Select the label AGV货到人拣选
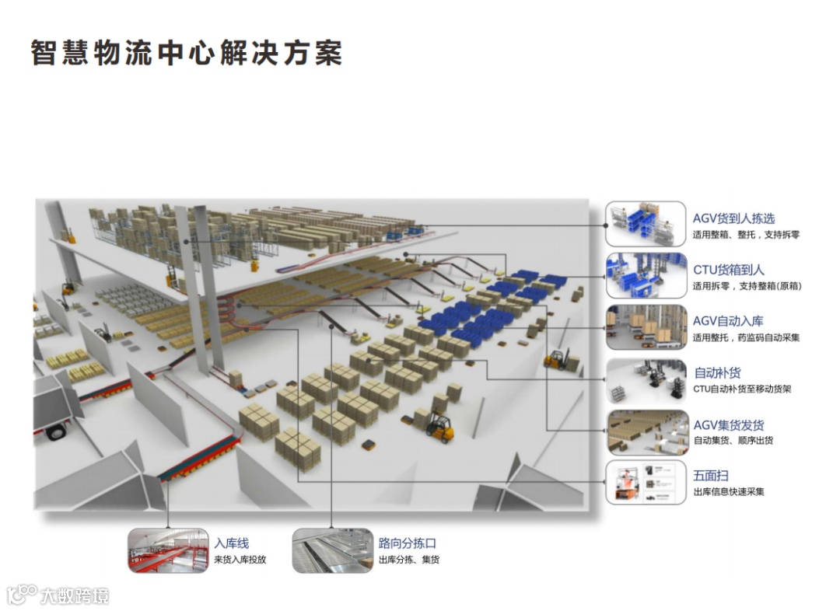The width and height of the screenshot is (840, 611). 733,218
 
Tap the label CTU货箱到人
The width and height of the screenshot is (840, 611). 728,270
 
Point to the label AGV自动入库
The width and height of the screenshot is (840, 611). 728,321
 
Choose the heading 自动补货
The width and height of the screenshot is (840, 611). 717,373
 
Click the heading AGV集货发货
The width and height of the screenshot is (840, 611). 728,425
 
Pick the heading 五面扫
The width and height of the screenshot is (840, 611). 710,476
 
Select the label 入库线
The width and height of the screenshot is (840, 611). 232,543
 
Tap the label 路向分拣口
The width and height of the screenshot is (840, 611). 406,543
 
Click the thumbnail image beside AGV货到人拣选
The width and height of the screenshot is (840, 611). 646,224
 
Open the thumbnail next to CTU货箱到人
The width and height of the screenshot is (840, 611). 646,275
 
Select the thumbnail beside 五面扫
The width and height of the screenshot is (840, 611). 646,482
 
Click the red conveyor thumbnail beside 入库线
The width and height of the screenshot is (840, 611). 168,550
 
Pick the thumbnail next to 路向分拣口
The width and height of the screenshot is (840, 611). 332,550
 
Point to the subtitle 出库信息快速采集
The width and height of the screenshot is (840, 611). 728,492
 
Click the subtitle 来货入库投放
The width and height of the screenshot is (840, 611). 240,560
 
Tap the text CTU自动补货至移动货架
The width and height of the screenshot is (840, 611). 741,389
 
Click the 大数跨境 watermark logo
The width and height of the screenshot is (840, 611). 58,595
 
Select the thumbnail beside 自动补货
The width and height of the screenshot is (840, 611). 646,379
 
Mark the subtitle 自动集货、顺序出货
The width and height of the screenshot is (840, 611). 733,441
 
